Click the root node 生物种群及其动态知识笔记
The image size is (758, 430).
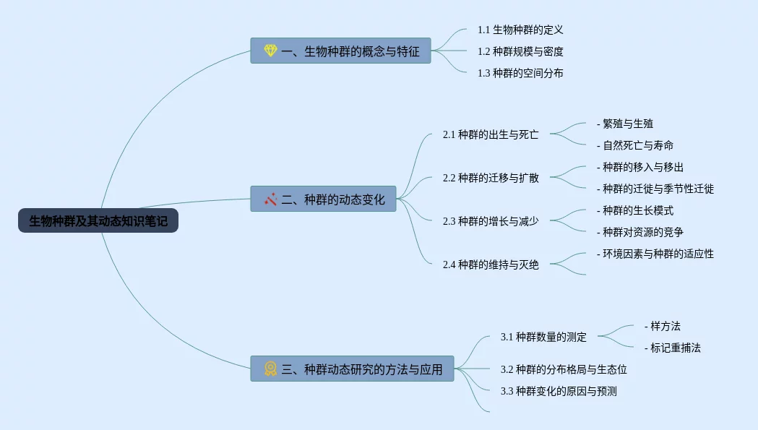pos(98,220)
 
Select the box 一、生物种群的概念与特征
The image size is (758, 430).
pos(340,51)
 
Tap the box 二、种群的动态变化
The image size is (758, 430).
pos(323,199)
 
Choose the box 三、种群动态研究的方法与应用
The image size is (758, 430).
pos(352,369)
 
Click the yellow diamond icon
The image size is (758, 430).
pos(270,51)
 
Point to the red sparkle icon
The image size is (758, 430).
pos(270,199)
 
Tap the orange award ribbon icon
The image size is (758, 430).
pos(270,369)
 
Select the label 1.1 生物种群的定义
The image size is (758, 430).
pos(520,30)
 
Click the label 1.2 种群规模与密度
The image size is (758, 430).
pos(520,51)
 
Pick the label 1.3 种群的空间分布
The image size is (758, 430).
pos(520,73)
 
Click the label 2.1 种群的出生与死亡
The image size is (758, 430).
pos(491,134)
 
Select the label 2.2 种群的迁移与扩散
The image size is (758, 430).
pos(491,178)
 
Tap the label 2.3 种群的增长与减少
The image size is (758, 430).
pos(491,221)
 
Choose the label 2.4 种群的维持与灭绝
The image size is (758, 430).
pos(491,265)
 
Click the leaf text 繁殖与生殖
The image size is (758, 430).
pos(628,124)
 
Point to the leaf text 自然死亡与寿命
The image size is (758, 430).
pos(638,145)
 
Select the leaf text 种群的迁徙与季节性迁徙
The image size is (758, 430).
pos(658,189)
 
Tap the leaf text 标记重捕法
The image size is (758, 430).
pos(676,348)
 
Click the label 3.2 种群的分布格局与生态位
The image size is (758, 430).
pos(564,369)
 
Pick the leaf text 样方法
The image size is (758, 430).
pos(666,326)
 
